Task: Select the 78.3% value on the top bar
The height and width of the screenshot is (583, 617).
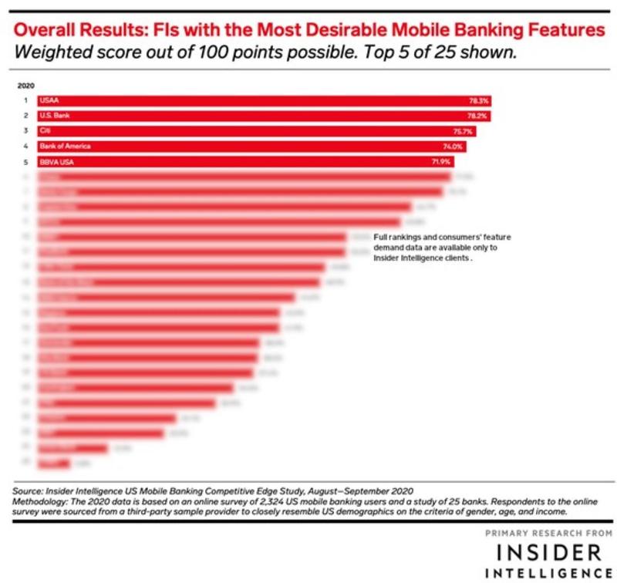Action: [478, 100]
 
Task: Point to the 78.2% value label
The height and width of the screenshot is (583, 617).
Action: [477, 116]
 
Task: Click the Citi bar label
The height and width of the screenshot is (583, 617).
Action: [43, 131]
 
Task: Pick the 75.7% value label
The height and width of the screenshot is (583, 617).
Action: [464, 131]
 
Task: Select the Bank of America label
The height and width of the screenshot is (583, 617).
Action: [61, 147]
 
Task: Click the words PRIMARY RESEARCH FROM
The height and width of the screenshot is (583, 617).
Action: [548, 534]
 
